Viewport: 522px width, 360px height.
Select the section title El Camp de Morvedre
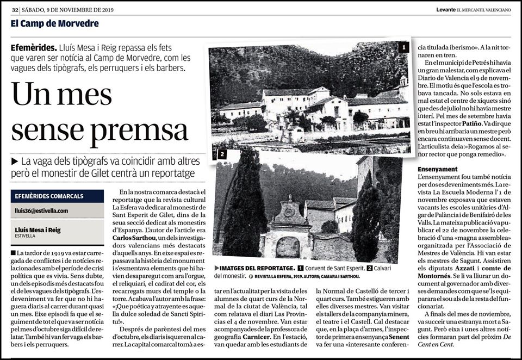(x=47, y=24)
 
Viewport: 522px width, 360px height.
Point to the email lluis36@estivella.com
(x=41, y=210)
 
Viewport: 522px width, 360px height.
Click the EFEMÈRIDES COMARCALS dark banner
(x=57, y=196)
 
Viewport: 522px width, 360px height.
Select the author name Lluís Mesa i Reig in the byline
(x=38, y=230)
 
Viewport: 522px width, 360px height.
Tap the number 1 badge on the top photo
(x=403, y=47)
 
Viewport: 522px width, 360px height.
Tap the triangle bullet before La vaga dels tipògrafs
(x=14, y=162)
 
